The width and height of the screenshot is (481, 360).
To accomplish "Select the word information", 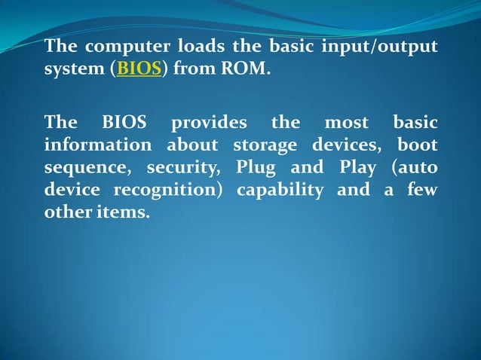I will tap(98, 145).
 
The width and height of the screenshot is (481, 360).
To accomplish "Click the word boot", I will tap(418, 145).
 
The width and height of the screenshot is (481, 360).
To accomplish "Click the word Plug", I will tap(256, 167).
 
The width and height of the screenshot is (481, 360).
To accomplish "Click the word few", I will tap(422, 190).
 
